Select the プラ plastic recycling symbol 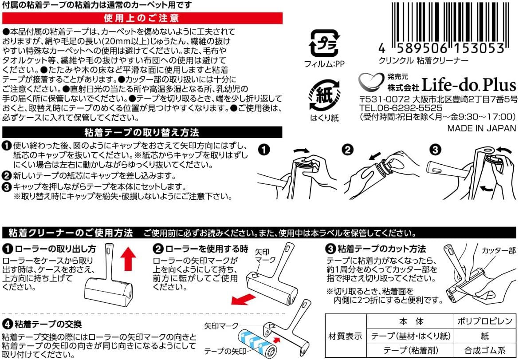[x=324, y=43]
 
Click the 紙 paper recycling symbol [x=324, y=95]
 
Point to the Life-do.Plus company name [x=469, y=85]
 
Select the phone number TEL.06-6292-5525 [x=401, y=108]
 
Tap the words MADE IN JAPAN [x=482, y=128]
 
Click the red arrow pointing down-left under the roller [x=243, y=300]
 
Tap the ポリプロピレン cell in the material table [x=484, y=321]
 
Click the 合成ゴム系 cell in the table [x=484, y=350]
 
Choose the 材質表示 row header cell [x=346, y=336]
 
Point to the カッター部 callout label [x=499, y=251]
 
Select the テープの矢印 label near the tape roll [x=225, y=351]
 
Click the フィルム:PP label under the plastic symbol [x=324, y=64]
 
